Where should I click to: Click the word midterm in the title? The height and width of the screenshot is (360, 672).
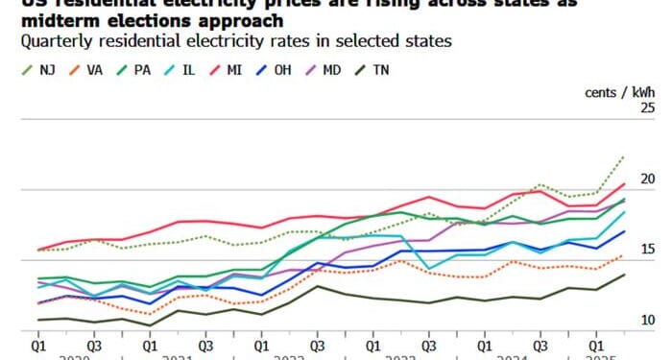click(68, 20)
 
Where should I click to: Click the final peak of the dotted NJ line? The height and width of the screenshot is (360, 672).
click(625, 156)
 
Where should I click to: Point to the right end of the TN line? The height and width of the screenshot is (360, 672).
click(625, 274)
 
